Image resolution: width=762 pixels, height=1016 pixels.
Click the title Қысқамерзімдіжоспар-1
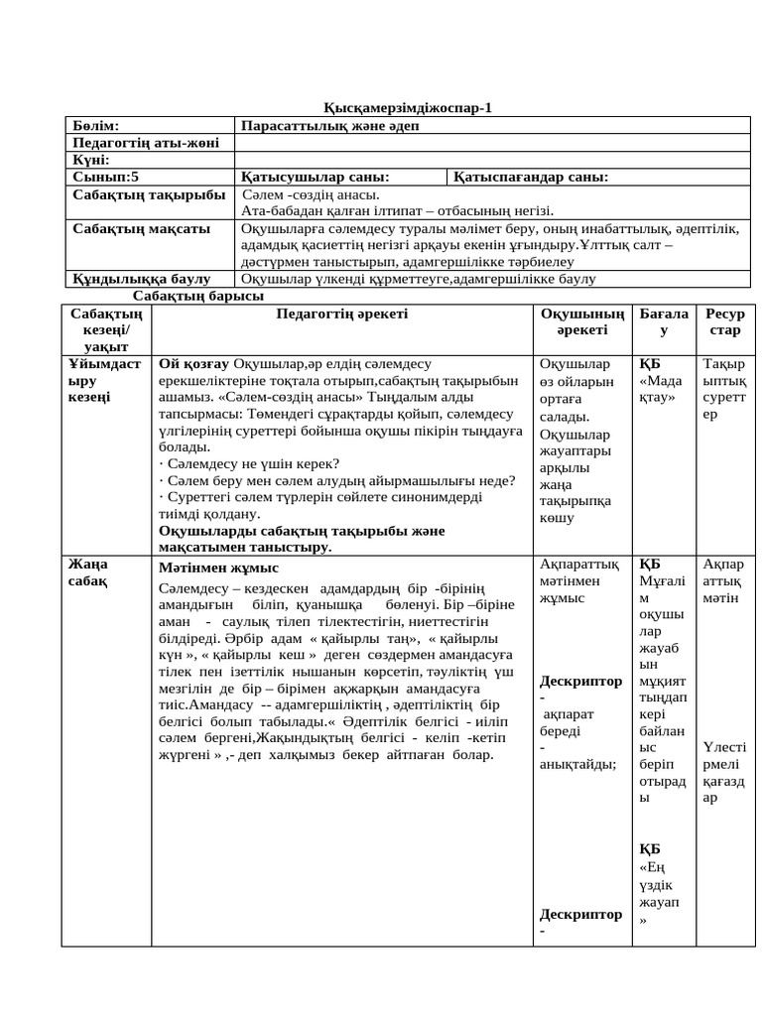tap(408, 108)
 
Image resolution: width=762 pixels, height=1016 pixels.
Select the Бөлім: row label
tap(95, 126)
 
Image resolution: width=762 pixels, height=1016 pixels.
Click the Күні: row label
tap(91, 160)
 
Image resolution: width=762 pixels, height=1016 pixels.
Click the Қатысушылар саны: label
tap(315, 177)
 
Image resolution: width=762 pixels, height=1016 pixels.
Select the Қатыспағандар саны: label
tap(531, 177)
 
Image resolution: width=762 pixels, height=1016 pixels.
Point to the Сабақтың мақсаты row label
tap(141, 228)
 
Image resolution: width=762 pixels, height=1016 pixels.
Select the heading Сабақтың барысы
tap(198, 296)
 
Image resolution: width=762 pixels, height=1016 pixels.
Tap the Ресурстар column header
tap(725, 321)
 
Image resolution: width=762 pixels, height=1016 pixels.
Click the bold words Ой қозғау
tap(194, 364)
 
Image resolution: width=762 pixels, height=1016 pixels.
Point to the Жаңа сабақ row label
tap(88, 571)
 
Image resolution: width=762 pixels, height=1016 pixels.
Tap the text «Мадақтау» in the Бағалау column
tap(661, 389)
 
